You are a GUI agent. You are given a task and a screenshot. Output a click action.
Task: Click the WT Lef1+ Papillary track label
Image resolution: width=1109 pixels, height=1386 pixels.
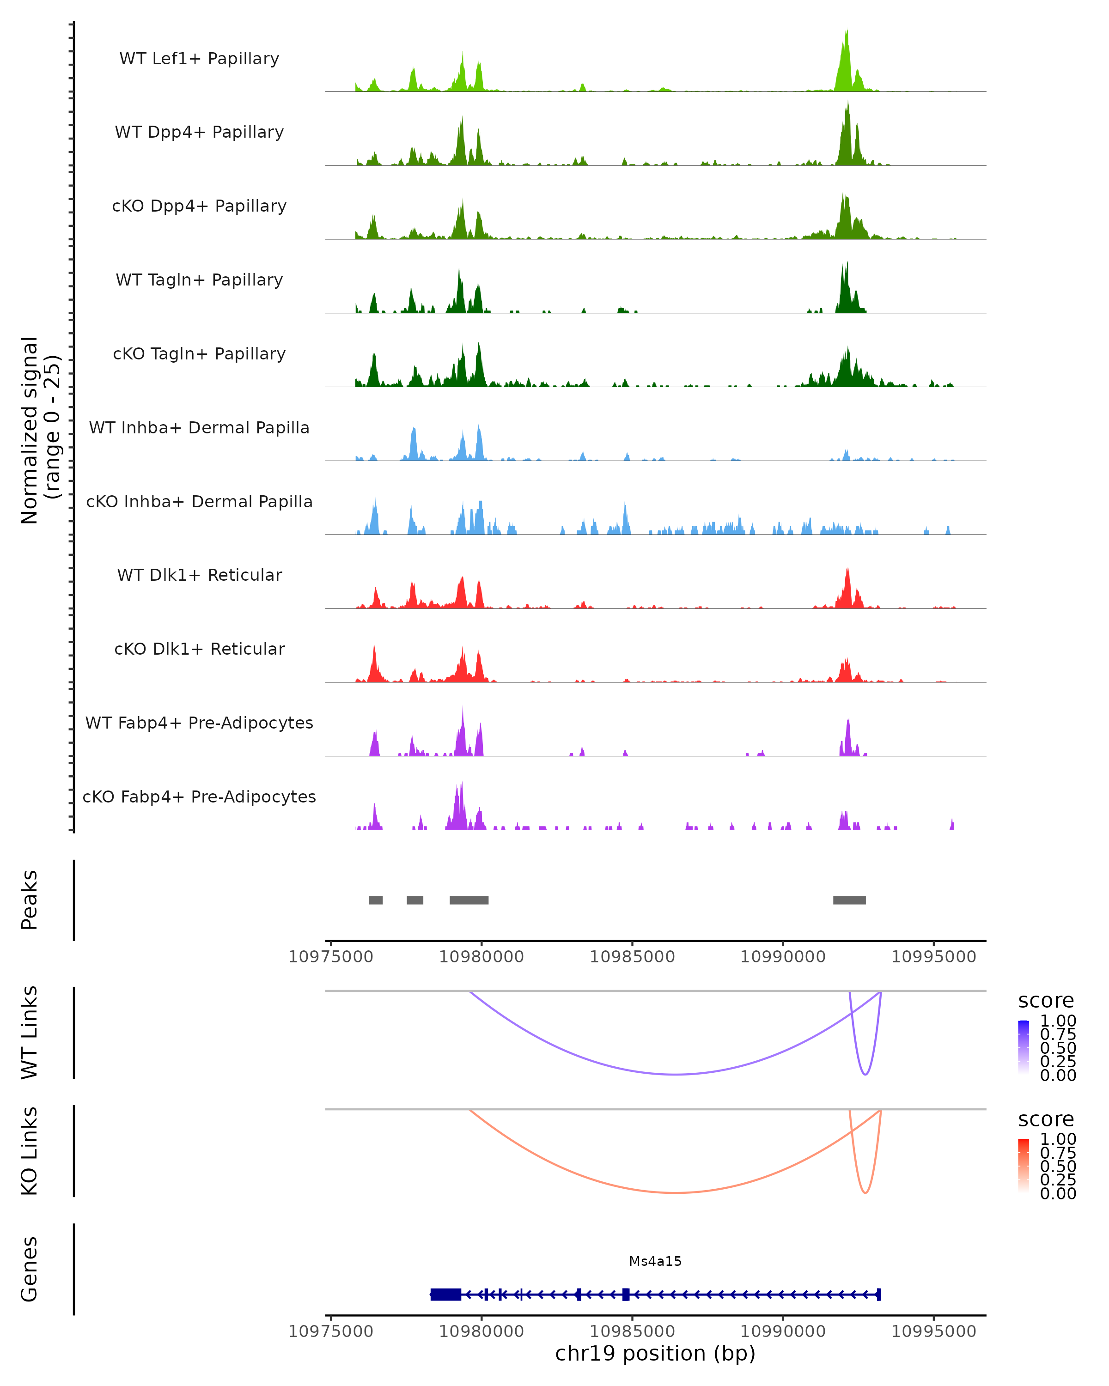tap(199, 59)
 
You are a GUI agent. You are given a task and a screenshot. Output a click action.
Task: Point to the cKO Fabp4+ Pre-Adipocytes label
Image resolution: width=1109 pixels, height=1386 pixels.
tap(199, 796)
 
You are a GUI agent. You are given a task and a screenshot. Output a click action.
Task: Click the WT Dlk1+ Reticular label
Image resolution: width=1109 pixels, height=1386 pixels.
tap(199, 575)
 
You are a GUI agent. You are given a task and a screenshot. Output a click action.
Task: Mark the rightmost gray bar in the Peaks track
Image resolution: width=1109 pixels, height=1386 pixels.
tap(849, 900)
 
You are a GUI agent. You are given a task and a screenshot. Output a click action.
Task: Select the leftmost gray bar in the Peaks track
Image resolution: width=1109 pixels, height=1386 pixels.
tap(376, 900)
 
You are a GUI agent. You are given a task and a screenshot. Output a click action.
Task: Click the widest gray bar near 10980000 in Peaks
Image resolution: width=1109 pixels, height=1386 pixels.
tap(469, 900)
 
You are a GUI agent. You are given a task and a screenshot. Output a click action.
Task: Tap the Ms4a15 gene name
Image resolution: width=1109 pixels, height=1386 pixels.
tap(655, 1261)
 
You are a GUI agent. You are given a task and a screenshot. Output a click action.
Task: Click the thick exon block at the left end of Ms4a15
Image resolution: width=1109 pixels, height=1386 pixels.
tap(445, 1294)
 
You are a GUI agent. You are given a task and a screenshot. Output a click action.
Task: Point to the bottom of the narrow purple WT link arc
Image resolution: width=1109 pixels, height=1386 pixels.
tap(865, 1074)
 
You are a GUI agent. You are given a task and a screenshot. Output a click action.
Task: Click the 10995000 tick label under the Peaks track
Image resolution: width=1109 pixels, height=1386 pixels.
tap(933, 957)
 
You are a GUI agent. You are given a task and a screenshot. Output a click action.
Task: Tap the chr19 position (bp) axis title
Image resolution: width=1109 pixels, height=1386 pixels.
tap(655, 1353)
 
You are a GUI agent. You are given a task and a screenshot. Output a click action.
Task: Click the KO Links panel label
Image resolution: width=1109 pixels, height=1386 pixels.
tap(30, 1151)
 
